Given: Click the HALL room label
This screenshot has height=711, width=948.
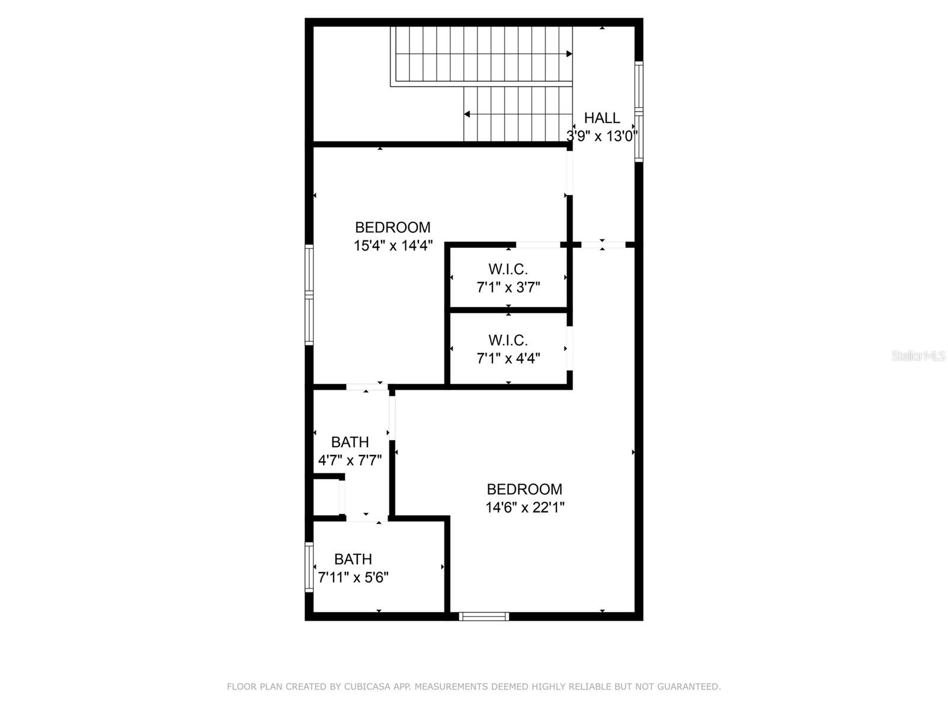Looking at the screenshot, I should pyautogui.click(x=602, y=118).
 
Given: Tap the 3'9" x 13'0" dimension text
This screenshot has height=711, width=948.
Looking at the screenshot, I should pyautogui.click(x=602, y=136).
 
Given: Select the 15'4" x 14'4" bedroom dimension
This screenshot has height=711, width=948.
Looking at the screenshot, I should pyautogui.click(x=393, y=245).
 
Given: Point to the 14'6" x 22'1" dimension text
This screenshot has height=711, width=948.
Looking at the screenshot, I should pyautogui.click(x=525, y=507).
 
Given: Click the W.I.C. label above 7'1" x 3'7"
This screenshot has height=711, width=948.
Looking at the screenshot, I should pyautogui.click(x=508, y=270).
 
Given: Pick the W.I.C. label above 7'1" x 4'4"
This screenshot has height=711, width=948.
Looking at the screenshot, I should pyautogui.click(x=508, y=340).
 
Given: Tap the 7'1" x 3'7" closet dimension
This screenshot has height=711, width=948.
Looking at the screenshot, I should pyautogui.click(x=508, y=287).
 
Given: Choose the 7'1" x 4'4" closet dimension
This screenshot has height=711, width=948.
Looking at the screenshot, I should pyautogui.click(x=508, y=358).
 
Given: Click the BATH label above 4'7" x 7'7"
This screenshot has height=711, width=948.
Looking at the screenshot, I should pyautogui.click(x=350, y=442).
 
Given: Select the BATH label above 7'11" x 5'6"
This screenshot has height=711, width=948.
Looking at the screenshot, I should pyautogui.click(x=353, y=559).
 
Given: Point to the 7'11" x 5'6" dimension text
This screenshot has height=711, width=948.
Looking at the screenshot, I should pyautogui.click(x=353, y=577).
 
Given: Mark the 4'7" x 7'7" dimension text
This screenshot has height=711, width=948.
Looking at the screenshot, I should pyautogui.click(x=350, y=460).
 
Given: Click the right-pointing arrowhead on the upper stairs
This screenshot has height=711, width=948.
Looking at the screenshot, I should pyautogui.click(x=569, y=54).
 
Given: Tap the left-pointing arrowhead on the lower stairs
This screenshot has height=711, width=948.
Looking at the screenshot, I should pyautogui.click(x=467, y=114).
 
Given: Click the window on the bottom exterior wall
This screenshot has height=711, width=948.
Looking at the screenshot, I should pyautogui.click(x=484, y=616).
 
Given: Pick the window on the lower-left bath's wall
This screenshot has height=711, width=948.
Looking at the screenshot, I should pyautogui.click(x=309, y=567).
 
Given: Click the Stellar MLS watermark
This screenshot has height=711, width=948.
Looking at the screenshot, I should pyautogui.click(x=918, y=356).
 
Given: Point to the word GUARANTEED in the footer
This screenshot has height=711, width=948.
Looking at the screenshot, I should pyautogui.click(x=687, y=687).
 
